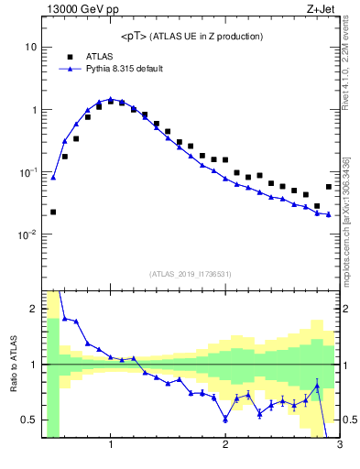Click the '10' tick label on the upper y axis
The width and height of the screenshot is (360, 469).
30,47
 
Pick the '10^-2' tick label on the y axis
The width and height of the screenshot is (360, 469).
27,234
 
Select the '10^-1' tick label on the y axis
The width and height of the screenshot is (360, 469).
27,172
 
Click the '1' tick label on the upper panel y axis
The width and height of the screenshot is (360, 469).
33,110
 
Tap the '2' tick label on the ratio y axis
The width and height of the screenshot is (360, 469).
33,309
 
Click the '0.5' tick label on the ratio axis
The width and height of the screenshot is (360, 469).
29,420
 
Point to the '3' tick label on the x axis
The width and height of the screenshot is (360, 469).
339,446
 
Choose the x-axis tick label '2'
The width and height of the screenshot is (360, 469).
225,446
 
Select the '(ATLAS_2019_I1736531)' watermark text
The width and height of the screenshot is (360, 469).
191,274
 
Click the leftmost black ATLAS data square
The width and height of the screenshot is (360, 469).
53,212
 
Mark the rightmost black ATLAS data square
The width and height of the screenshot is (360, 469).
329,187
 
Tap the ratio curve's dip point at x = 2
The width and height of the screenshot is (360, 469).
225,419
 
